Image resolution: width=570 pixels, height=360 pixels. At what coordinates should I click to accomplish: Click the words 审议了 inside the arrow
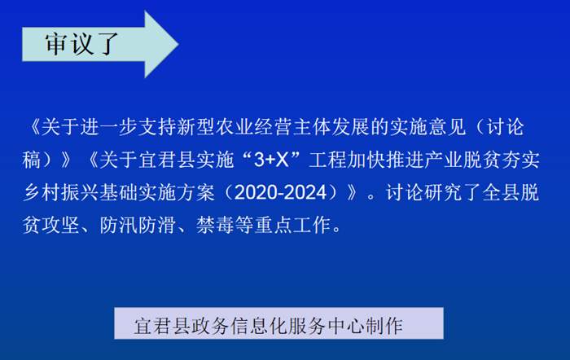coord(81,44)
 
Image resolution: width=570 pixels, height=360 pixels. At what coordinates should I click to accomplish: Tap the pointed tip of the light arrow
coord(178,44)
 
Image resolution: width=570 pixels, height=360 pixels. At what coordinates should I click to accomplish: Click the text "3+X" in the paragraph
coord(271,160)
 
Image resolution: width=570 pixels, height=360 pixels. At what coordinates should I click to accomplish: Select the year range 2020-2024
coord(280,192)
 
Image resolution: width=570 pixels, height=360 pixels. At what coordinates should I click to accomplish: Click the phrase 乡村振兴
coord(60,192)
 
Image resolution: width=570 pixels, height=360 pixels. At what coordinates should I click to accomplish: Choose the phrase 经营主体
coord(292,127)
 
